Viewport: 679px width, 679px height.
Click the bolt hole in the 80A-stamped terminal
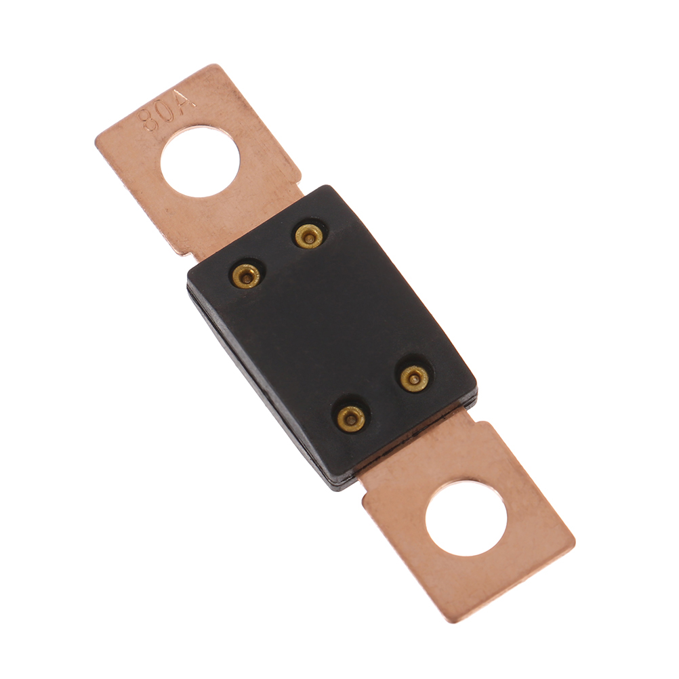point(200,161)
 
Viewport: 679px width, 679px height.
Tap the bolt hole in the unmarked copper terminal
point(466,519)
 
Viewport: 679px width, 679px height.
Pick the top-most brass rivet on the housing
point(309,236)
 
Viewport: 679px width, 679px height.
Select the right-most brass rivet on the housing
point(414,379)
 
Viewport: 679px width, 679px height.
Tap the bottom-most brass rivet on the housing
point(351,418)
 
